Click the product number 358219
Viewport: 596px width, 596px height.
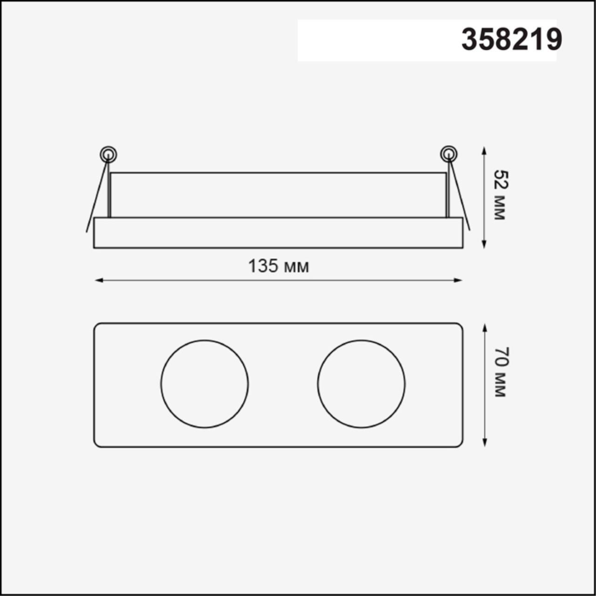tap(512, 40)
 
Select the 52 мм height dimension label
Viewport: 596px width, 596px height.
tap(499, 195)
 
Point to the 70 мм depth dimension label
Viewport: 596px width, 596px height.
tap(499, 372)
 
